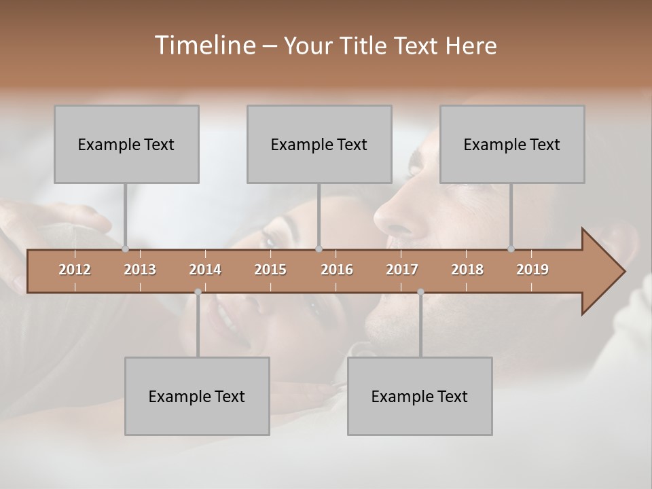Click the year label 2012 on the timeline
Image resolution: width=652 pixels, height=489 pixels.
(x=75, y=270)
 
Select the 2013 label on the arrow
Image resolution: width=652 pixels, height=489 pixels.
(x=140, y=270)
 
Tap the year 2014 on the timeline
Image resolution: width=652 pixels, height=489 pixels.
(x=205, y=270)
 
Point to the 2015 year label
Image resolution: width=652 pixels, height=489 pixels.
(x=270, y=270)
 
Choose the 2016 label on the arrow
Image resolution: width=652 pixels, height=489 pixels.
(x=337, y=270)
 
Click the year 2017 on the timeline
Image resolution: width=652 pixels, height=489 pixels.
(x=402, y=270)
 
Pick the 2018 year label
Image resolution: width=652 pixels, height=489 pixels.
(x=467, y=270)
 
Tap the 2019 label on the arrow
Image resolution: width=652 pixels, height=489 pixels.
(x=532, y=270)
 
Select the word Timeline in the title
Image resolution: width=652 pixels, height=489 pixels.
(x=204, y=45)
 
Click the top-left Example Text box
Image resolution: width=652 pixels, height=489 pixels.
(x=126, y=144)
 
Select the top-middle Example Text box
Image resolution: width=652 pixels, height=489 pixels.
(x=319, y=144)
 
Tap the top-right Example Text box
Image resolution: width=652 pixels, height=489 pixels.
(x=512, y=144)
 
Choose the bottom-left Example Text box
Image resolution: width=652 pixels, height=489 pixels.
(x=197, y=396)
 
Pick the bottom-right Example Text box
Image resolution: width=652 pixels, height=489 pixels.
(x=420, y=396)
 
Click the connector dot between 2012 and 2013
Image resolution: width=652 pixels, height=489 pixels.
(x=125, y=249)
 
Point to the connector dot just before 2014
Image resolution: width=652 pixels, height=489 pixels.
(x=198, y=292)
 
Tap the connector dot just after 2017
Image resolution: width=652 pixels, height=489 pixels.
(x=420, y=292)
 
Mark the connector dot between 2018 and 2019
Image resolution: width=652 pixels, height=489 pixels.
(x=511, y=249)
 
